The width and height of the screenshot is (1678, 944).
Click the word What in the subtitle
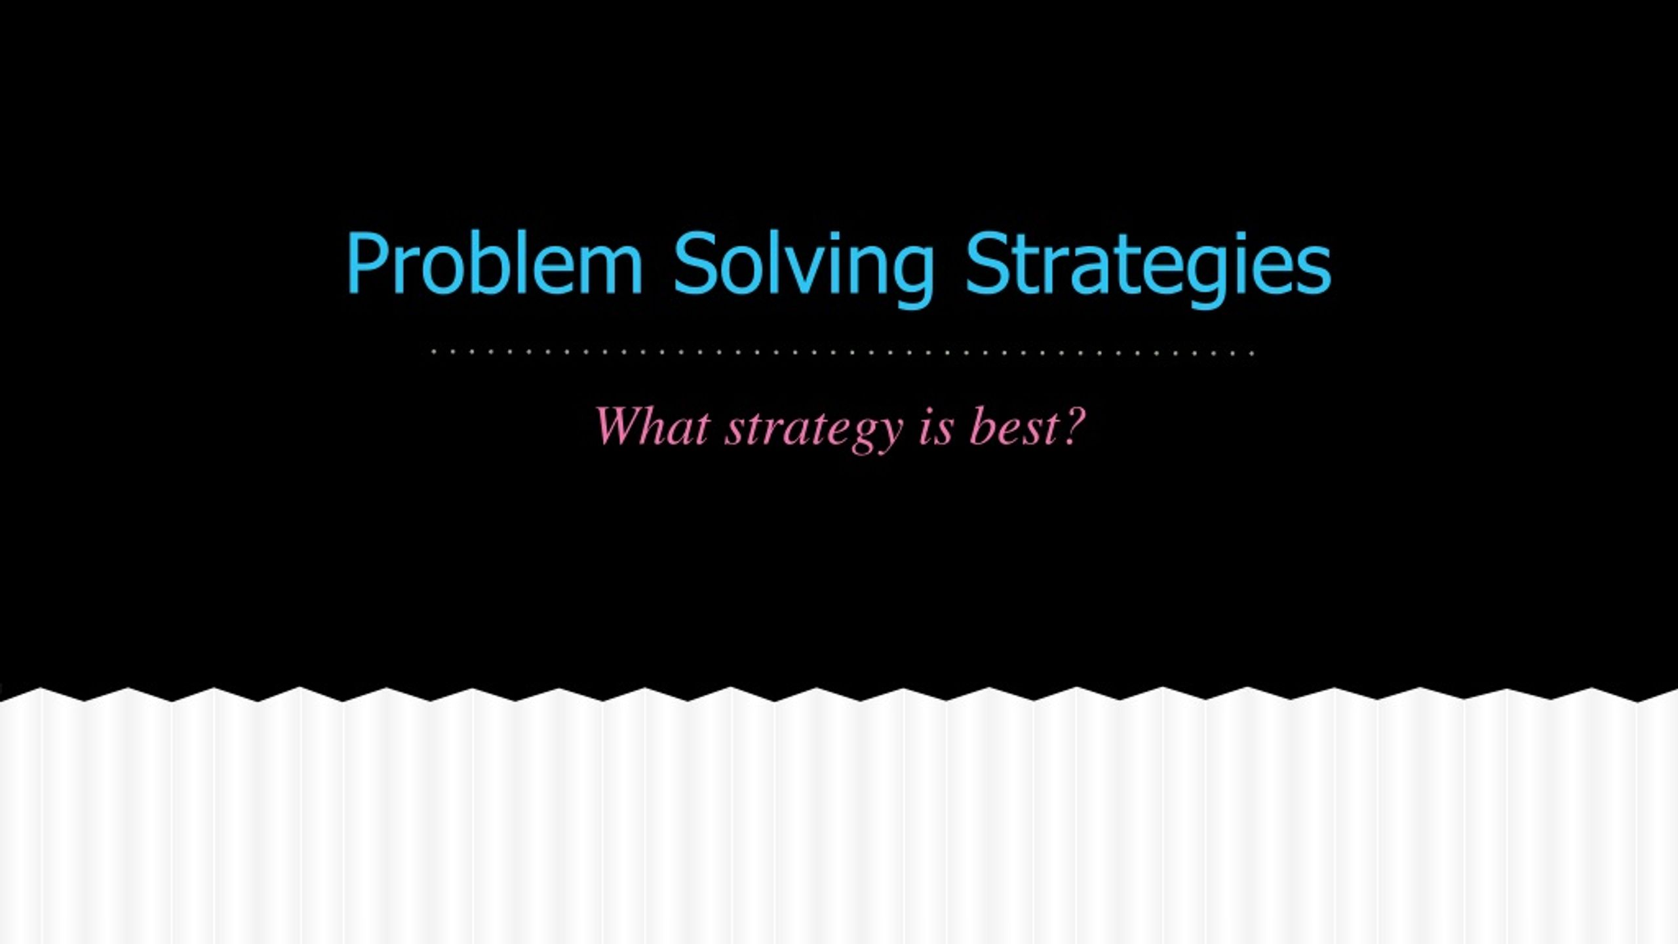[x=652, y=427]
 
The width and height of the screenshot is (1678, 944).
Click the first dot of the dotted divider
[x=434, y=353]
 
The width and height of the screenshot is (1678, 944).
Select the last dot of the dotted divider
[x=1252, y=353]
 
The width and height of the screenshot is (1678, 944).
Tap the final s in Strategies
[x=1314, y=271]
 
